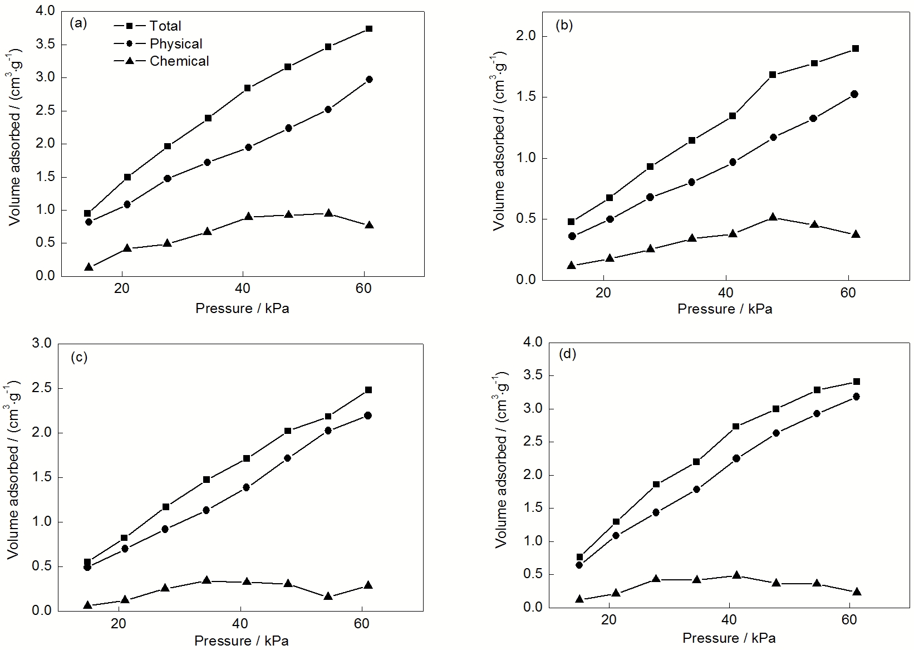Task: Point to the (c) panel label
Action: (78, 357)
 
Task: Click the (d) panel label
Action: (567, 354)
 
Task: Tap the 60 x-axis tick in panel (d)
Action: (849, 619)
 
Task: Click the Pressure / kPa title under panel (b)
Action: (724, 309)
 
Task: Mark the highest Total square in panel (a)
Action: (369, 28)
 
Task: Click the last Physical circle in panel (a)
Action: (369, 80)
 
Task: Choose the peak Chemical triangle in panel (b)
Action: (773, 217)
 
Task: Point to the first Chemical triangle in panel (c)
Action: (87, 605)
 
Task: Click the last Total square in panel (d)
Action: (856, 382)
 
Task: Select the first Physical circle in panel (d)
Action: (579, 565)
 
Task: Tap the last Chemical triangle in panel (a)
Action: (369, 225)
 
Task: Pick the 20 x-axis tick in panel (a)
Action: (121, 289)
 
